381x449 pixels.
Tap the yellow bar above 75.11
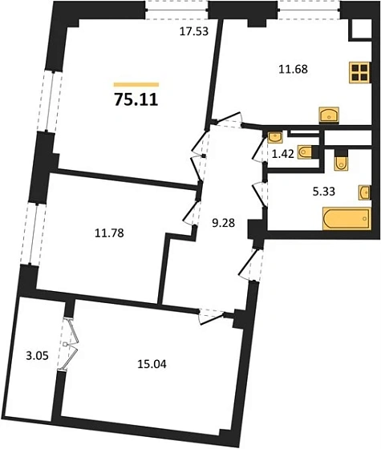(x=136, y=83)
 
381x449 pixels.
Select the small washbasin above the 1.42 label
(x=274, y=136)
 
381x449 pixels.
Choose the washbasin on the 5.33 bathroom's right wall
(x=365, y=193)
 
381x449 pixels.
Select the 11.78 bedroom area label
(x=107, y=234)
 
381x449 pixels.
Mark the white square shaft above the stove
(x=359, y=30)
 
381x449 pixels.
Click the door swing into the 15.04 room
(x=210, y=318)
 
